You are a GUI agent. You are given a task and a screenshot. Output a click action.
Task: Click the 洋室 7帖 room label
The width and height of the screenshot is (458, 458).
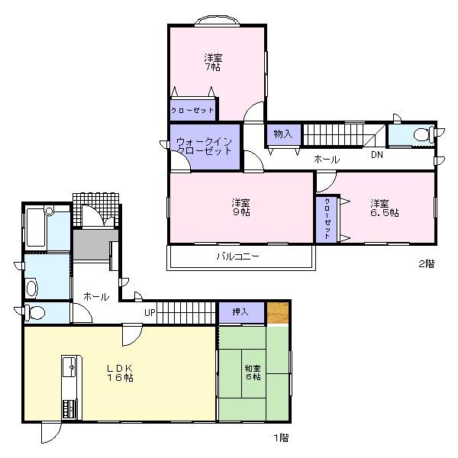click(x=213, y=62)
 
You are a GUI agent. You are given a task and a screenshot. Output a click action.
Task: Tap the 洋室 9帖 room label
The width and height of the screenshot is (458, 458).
click(x=240, y=207)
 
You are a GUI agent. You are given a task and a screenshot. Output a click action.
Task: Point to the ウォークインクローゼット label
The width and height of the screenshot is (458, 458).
click(x=204, y=146)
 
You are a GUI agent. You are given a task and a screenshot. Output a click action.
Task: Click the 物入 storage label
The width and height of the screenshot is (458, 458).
click(x=283, y=134)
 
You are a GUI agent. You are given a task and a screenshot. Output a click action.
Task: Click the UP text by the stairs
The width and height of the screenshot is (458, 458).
click(x=150, y=312)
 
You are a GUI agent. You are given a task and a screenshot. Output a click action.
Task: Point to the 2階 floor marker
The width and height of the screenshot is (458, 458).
click(x=426, y=264)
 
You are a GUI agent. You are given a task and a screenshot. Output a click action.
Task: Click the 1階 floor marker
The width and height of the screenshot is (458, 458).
click(x=281, y=437)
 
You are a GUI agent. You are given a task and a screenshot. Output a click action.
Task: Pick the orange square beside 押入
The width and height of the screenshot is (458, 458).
click(x=278, y=313)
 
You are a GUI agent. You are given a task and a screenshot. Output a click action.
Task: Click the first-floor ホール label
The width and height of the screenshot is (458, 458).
click(x=95, y=296)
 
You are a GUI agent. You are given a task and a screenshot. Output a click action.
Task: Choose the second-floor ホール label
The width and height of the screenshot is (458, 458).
click(x=327, y=159)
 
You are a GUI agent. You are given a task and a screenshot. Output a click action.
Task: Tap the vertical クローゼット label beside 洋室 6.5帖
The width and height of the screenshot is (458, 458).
click(x=327, y=220)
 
